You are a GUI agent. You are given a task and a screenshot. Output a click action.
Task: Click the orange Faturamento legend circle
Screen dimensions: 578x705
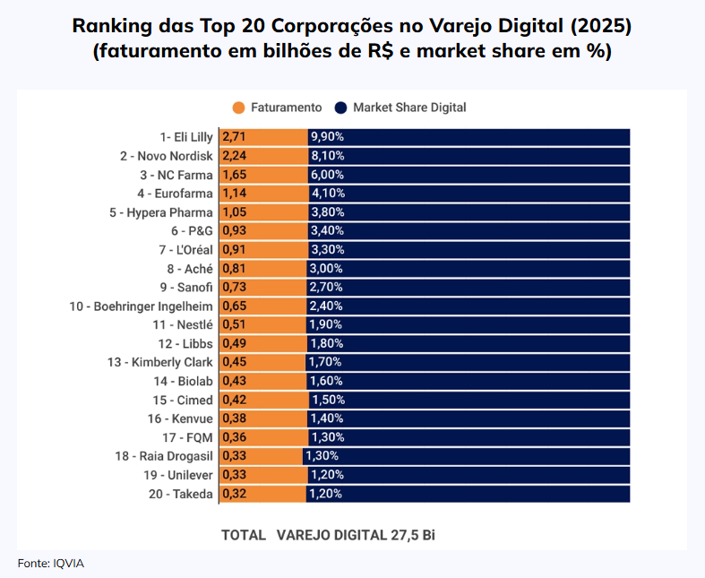[x=238, y=108]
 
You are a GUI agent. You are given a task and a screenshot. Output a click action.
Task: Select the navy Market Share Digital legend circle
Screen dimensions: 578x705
[x=340, y=108]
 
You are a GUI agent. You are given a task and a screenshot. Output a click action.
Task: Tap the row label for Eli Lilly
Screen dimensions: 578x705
[x=186, y=137]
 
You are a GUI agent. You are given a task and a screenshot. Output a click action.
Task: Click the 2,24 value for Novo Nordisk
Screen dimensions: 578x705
[x=234, y=156]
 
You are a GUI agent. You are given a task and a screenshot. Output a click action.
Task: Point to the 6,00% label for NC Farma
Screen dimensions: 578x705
[x=327, y=175]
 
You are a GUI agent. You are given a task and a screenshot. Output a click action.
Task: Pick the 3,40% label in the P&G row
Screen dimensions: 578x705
[x=327, y=231]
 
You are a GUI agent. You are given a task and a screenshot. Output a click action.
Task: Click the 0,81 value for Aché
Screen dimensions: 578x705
[x=234, y=269]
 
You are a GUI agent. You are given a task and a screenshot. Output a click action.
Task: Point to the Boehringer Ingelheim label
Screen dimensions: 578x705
[x=142, y=306]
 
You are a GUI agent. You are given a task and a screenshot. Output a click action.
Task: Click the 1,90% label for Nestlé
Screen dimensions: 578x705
[x=326, y=324]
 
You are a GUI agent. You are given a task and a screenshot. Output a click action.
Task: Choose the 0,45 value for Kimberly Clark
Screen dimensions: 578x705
[x=234, y=362]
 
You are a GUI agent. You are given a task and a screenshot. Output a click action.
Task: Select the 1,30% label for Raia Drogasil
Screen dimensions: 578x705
[x=322, y=456]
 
